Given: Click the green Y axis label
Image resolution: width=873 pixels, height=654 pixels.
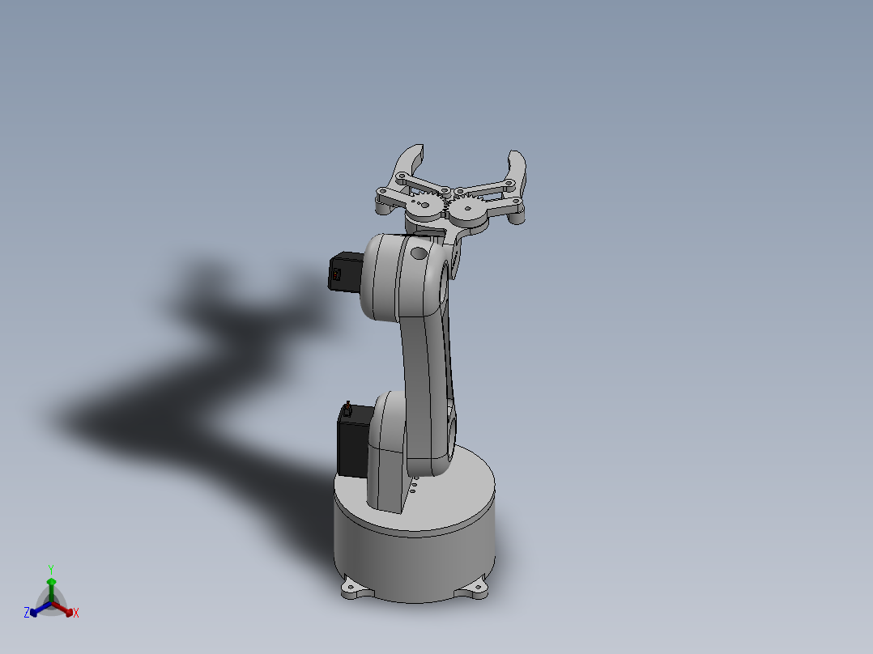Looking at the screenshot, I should [50, 568].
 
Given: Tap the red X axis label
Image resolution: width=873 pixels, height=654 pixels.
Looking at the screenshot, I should [76, 614].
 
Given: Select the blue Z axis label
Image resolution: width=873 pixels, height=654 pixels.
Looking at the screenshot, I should [26, 613].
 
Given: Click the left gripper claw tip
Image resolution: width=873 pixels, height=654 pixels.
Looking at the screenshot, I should [415, 150].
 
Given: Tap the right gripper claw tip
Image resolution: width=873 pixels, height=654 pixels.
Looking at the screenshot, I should [516, 155].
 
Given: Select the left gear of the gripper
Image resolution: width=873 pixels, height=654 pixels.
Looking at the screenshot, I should [422, 207].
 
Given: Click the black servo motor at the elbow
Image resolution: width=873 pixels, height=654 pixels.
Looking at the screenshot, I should [347, 272].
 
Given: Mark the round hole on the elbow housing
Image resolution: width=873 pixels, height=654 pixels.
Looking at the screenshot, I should [418, 253].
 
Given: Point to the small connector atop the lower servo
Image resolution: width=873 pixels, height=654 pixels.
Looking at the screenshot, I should [347, 407].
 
